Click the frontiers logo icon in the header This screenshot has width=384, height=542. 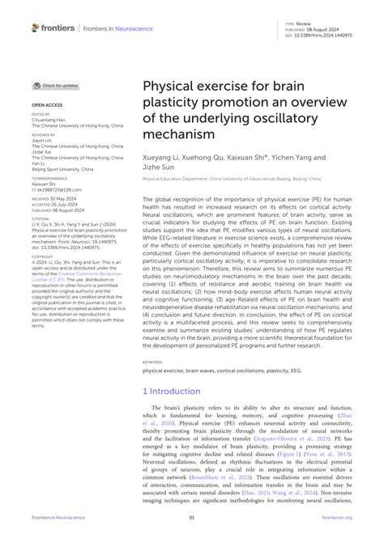(36, 28)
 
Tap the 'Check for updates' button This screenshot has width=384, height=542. (56, 85)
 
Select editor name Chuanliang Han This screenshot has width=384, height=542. (49, 121)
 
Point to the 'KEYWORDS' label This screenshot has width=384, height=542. (152, 362)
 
